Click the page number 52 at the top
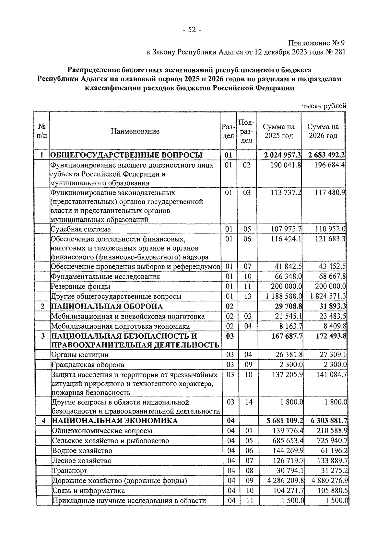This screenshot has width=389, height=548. [x=192, y=30]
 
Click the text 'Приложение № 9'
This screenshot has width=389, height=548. [x=317, y=43]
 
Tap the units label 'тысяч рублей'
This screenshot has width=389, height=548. [x=324, y=106]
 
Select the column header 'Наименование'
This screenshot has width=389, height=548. [x=135, y=131]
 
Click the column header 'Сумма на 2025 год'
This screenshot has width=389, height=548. [x=278, y=131]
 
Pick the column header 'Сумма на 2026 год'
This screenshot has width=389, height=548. [x=323, y=131]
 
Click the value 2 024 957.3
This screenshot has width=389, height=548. [x=282, y=155]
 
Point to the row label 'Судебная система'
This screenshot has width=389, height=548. [x=81, y=229]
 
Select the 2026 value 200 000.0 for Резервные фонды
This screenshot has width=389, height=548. [x=330, y=286]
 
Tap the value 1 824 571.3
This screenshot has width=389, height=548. [x=328, y=297]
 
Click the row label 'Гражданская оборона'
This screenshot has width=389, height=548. [x=88, y=365]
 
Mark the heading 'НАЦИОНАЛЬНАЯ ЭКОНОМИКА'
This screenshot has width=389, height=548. [x=115, y=421]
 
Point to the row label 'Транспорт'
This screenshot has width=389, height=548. [x=70, y=471]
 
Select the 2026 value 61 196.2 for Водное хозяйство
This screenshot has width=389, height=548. [x=332, y=451]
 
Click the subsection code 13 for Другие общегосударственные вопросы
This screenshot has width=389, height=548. [x=247, y=297]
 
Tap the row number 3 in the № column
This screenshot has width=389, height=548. [x=43, y=336]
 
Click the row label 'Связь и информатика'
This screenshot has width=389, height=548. [x=88, y=491]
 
